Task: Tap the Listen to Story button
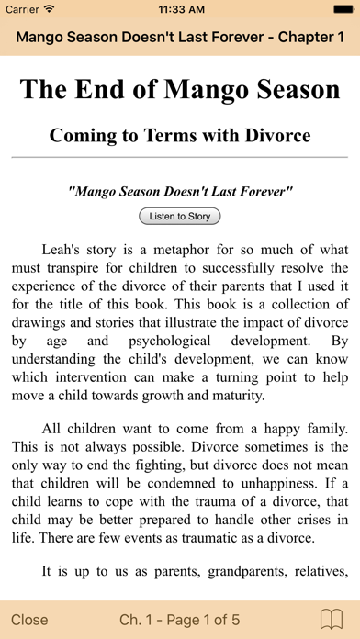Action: tap(179, 217)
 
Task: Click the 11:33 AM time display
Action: tap(180, 9)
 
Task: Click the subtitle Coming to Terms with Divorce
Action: tap(180, 136)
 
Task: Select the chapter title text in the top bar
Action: tap(180, 39)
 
